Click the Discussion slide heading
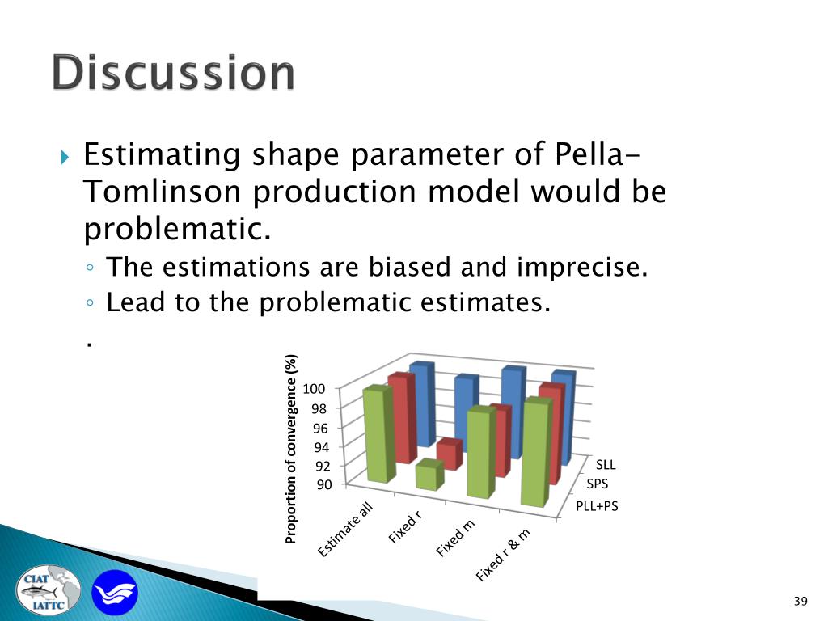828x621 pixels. click(173, 72)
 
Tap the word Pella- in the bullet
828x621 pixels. click(598, 154)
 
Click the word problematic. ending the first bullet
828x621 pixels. click(177, 229)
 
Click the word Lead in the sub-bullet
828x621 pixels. click(136, 302)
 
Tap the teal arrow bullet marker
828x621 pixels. click(65, 157)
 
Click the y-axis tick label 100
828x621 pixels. click(314, 389)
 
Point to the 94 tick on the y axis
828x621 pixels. click(321, 447)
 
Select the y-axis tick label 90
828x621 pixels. click(324, 484)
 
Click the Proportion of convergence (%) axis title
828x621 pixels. click(290, 449)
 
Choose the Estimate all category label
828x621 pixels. click(345, 530)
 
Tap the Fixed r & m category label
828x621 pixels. click(503, 555)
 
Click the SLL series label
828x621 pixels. click(606, 465)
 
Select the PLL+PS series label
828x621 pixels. click(597, 506)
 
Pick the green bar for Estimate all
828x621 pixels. click(380, 433)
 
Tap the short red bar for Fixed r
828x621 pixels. click(450, 454)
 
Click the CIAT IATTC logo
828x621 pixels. click(49, 590)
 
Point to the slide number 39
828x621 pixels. click(801, 601)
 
